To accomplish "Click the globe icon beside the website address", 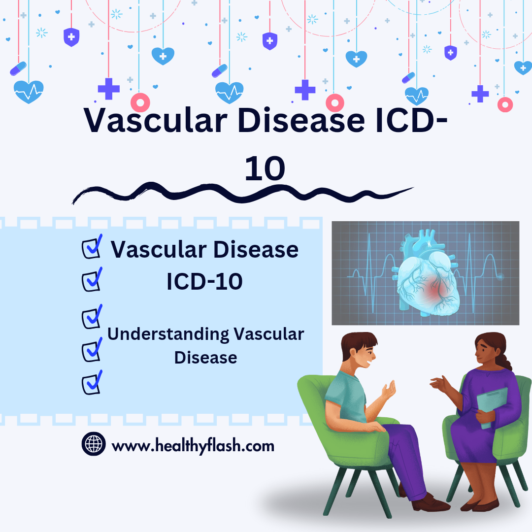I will tap(94, 444).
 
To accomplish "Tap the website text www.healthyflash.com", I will tap(193, 446).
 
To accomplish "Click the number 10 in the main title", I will tap(265, 168).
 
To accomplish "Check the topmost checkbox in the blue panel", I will tap(91, 247).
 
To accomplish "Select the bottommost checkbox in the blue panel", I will tap(91, 383).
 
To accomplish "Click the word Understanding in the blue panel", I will tap(168, 334).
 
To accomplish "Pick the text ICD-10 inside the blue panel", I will tap(204, 281).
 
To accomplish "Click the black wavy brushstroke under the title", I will tap(241, 193).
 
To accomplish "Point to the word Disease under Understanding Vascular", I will tap(206, 357).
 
